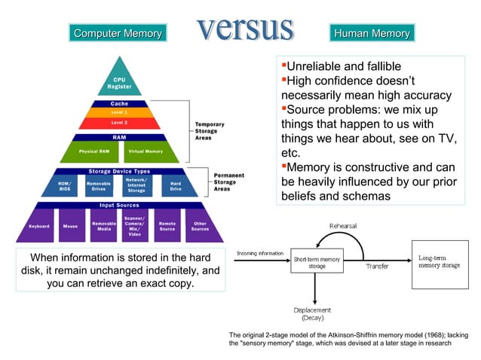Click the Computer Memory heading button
point(118,33)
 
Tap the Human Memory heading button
point(372,33)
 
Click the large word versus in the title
point(245,28)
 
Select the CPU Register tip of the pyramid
point(119,83)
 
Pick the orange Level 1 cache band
point(119,111)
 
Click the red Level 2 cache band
point(119,121)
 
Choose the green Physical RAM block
point(93,151)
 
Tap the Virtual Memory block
point(144,151)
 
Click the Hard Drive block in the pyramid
point(176,185)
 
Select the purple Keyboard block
point(39,225)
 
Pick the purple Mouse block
point(70,225)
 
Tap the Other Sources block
point(200,225)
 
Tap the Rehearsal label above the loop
point(343,225)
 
